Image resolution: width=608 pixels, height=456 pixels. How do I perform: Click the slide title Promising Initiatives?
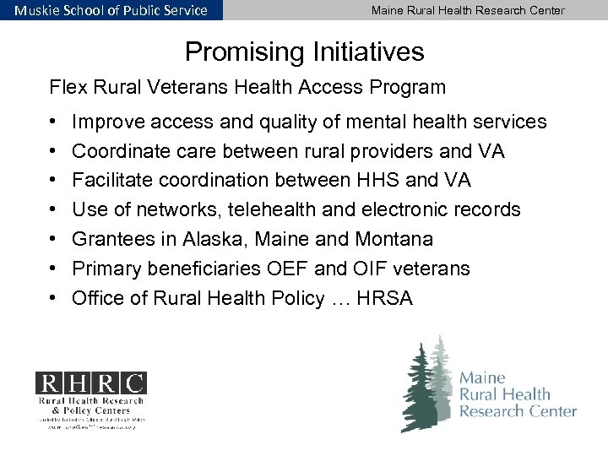coord(304,53)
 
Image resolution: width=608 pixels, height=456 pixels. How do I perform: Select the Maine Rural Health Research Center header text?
coord(468,10)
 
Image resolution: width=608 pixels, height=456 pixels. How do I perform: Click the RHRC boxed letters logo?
coord(90,383)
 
